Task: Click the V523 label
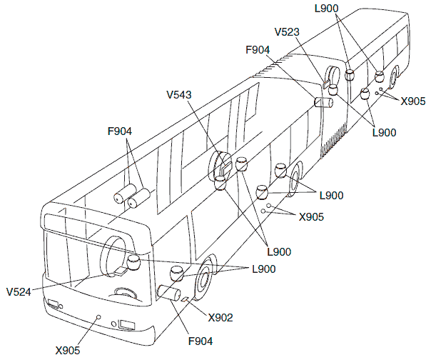coord(287,31)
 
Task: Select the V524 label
coord(20,292)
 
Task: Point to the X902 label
coord(220,316)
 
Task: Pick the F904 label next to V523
coord(258,51)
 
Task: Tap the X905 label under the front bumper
coord(68,349)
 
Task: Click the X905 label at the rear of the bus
coord(413,101)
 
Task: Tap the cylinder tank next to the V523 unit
coord(324,101)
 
